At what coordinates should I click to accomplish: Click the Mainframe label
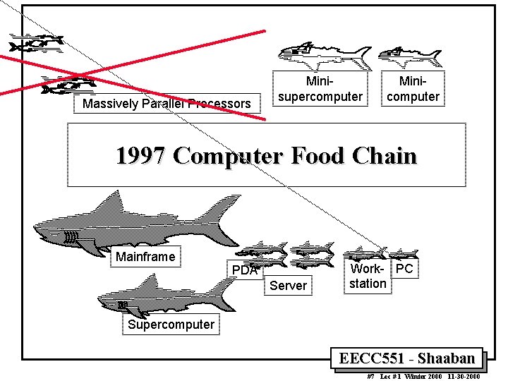click(x=145, y=257)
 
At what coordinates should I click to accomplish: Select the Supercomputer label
click(x=171, y=325)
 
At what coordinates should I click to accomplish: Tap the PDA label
click(x=245, y=270)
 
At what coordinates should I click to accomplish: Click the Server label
click(x=288, y=286)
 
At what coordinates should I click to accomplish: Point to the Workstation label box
click(x=368, y=277)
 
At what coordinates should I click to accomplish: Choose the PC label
click(x=404, y=269)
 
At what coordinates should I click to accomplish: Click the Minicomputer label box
click(x=413, y=89)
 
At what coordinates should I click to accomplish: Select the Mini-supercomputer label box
click(x=320, y=89)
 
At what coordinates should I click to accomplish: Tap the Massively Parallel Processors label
click(x=167, y=104)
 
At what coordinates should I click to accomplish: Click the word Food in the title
click(x=295, y=155)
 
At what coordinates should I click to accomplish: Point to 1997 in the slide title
click(x=140, y=155)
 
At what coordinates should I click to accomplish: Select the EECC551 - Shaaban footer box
click(x=407, y=358)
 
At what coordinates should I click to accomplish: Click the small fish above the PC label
click(x=404, y=254)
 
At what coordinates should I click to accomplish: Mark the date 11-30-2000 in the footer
click(x=462, y=377)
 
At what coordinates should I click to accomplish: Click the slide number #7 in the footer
click(x=371, y=377)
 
